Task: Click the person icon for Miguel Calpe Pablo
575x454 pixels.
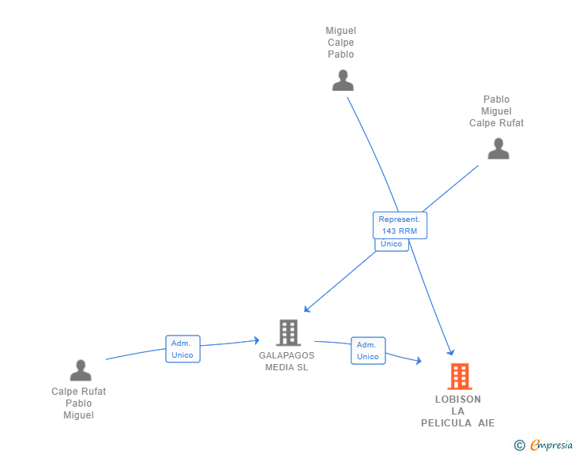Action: point(342,81)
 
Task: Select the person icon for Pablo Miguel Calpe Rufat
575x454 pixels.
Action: point(498,148)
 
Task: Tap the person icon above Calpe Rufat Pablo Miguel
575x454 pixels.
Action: point(81,370)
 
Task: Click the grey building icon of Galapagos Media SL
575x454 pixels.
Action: point(288,332)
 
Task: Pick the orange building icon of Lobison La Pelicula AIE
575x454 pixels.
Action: point(459,377)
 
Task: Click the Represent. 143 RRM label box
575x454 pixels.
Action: point(400,225)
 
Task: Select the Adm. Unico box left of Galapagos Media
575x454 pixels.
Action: point(182,349)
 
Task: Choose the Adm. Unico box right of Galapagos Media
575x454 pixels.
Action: point(367,351)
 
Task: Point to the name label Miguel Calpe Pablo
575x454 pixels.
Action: point(340,43)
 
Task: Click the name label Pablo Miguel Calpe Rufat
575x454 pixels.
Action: point(496,111)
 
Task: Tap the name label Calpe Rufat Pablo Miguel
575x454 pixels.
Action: point(79,403)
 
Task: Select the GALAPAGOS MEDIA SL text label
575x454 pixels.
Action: point(287,361)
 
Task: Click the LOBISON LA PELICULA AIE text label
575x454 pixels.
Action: point(458,411)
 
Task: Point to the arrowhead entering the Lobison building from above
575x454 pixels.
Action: point(451,352)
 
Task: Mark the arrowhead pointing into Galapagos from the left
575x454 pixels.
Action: point(256,340)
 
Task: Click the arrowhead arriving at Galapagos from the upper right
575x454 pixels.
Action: point(307,309)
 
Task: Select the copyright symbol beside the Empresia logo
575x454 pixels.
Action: point(519,445)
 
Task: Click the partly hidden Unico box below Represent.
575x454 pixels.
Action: point(391,245)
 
